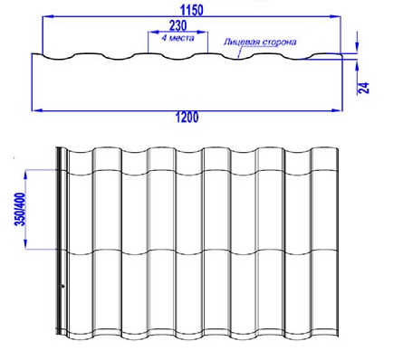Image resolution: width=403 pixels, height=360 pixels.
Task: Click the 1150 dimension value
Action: (x=192, y=10)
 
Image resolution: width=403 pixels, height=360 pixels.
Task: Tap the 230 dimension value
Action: (x=178, y=25)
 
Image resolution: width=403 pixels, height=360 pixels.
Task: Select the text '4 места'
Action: (x=178, y=38)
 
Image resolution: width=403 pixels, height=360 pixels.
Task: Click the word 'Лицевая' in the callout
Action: (x=240, y=42)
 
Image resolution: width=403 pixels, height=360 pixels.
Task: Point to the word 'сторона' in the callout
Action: (x=278, y=42)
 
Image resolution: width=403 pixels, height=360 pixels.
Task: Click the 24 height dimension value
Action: (x=364, y=88)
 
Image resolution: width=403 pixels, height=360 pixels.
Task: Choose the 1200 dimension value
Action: (x=187, y=117)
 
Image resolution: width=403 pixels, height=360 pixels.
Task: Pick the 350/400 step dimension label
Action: (x=21, y=209)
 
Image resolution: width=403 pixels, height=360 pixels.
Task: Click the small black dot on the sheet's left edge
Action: (x=62, y=286)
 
